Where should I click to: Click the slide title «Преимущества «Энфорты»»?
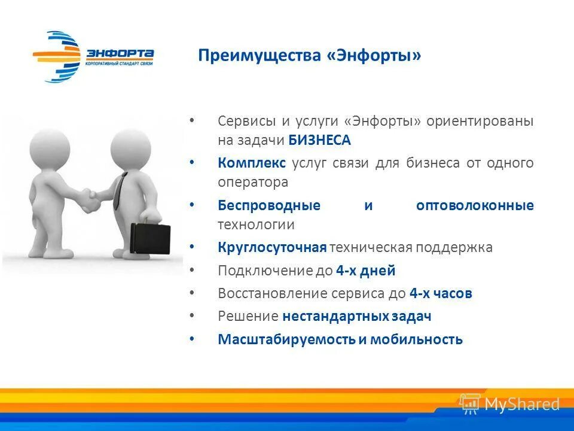point(310,56)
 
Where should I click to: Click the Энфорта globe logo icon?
point(57,57)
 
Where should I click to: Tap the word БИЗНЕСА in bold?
point(320,140)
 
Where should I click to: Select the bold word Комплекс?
point(252,163)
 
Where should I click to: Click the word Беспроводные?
point(269,205)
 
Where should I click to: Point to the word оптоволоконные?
point(475,205)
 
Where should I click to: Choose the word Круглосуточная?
point(272,247)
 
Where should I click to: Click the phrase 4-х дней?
point(365,271)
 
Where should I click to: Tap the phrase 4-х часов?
point(441,293)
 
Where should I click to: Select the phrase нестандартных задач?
point(357,316)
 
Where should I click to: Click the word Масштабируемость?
point(286,339)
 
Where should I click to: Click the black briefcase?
point(150,238)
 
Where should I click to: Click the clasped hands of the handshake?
point(90,201)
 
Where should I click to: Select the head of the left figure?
point(47,145)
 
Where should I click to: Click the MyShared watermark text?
point(521,404)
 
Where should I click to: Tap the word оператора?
point(253,182)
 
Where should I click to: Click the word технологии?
point(256,224)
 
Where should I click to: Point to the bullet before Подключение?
point(191,271)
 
